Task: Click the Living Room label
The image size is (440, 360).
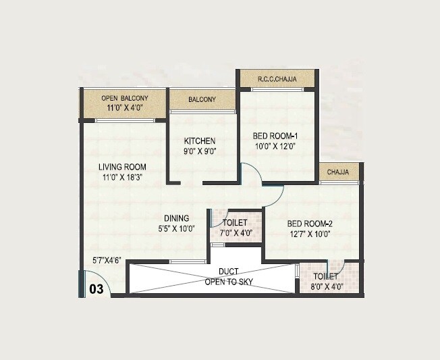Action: coord(122,167)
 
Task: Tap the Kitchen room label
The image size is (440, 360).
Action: coord(200,141)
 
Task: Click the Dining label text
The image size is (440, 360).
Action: coord(176,218)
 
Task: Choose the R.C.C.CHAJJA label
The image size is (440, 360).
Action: coord(277,80)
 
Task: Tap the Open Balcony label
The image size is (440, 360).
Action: coord(124,97)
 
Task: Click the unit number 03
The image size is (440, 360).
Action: coord(97,289)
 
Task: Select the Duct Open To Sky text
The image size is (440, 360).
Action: coord(229,276)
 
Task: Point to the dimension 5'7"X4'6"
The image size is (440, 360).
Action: coord(107,260)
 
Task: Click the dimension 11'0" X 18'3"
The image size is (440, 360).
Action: coord(122,178)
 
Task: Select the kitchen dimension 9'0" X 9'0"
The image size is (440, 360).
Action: coord(200,152)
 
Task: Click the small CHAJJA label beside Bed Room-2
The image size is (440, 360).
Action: coord(338,173)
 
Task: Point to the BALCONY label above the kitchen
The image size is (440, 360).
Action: coord(202,100)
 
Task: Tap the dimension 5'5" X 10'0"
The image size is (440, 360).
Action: coord(175,228)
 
